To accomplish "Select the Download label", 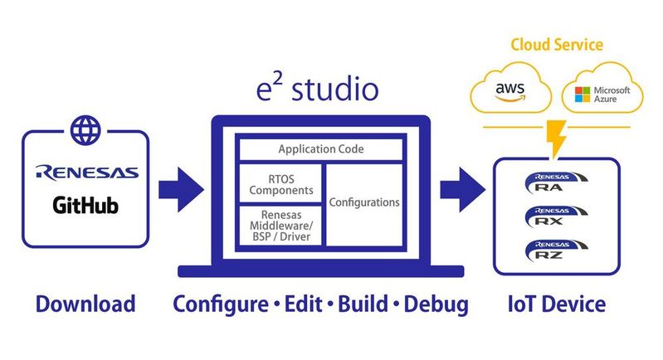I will [85, 304].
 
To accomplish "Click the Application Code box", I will [320, 149].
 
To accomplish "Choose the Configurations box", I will [364, 202].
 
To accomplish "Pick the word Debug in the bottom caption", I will [435, 304].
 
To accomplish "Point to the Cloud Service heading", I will [556, 44].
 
